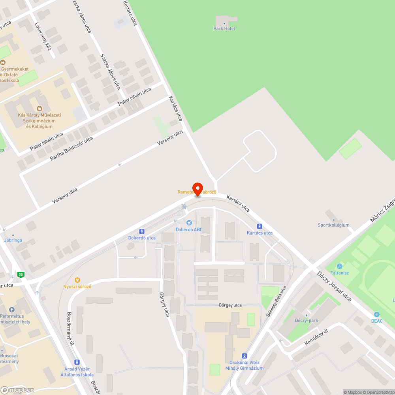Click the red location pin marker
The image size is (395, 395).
[x=197, y=189]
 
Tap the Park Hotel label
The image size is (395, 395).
[x=224, y=28]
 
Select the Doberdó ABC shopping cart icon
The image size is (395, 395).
[x=189, y=223]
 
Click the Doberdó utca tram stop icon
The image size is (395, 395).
[x=142, y=231]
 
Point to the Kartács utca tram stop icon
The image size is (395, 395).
[x=260, y=226]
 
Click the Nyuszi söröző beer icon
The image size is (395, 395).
[x=77, y=280]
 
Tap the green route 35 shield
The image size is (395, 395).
[x=21, y=275]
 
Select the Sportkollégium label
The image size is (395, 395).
[x=334, y=225]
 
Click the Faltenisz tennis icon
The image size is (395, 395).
[x=339, y=266]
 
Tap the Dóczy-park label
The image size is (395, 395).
[x=307, y=320]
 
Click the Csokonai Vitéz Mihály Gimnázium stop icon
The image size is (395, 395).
[x=244, y=355]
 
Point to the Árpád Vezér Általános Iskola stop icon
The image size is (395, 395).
[x=77, y=362]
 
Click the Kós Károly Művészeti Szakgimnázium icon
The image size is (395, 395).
[x=39, y=108]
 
